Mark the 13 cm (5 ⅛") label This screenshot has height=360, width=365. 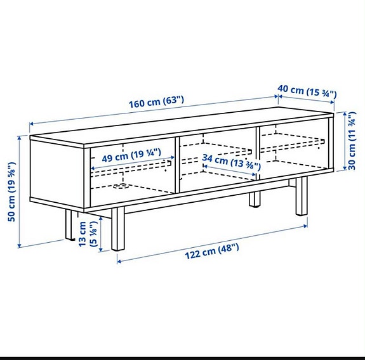point(88,235)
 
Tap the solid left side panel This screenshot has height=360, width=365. point(57,175)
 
